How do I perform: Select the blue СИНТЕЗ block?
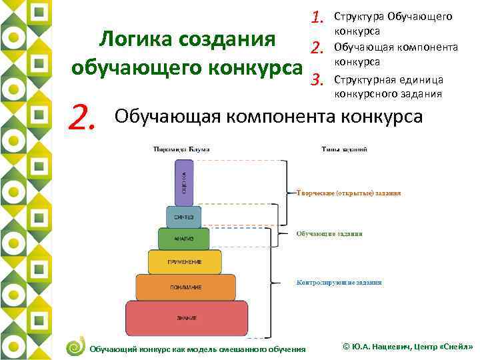click(x=184, y=216)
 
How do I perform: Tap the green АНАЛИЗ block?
click(x=184, y=238)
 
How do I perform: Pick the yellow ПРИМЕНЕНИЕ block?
click(x=185, y=261)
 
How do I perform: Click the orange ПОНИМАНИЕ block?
click(x=185, y=287)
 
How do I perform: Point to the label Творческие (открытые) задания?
click(x=348, y=193)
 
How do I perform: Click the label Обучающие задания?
click(x=329, y=234)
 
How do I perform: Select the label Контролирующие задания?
click(x=339, y=283)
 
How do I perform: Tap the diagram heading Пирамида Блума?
click(x=181, y=149)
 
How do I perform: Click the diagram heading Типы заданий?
click(x=344, y=149)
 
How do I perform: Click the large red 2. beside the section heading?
click(x=85, y=118)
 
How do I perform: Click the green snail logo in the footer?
click(x=76, y=346)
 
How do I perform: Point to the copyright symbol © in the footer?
click(x=345, y=347)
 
